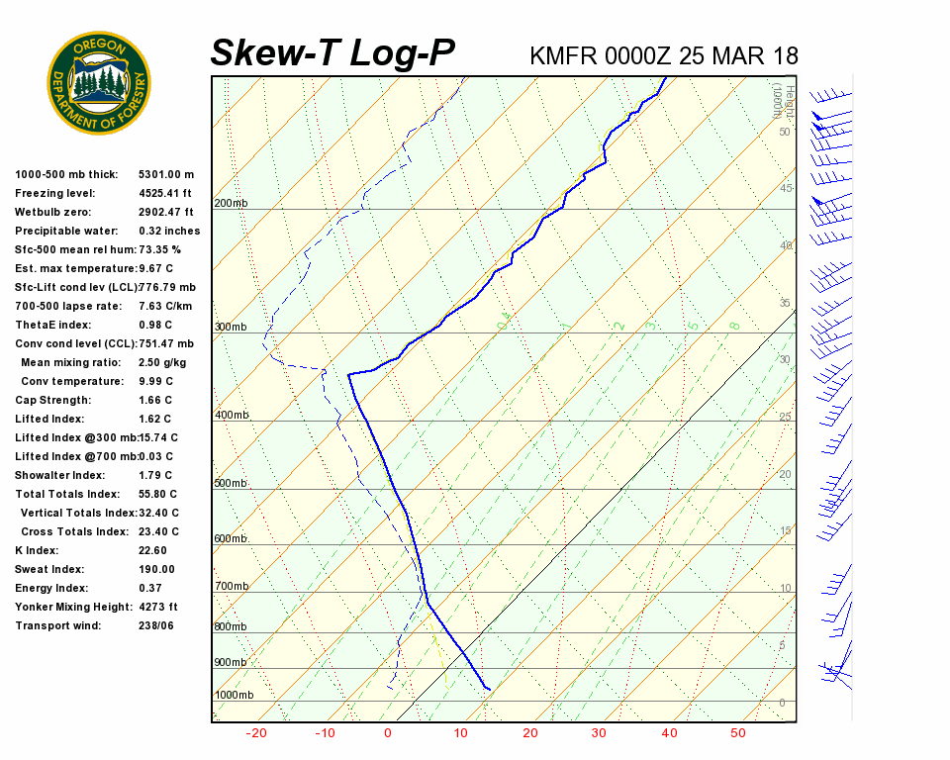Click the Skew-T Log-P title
(332, 53)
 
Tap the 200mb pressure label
(231, 204)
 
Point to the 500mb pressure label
(231, 483)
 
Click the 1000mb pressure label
(234, 695)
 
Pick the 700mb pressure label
(231, 586)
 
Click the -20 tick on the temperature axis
(256, 733)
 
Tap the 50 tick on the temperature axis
(738, 733)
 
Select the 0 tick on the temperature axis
(388, 733)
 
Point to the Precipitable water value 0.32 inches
(169, 231)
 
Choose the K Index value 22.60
(153, 550)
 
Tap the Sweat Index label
(49, 569)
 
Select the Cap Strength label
(52, 400)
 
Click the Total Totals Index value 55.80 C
(158, 494)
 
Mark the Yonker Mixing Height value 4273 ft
(158, 607)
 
